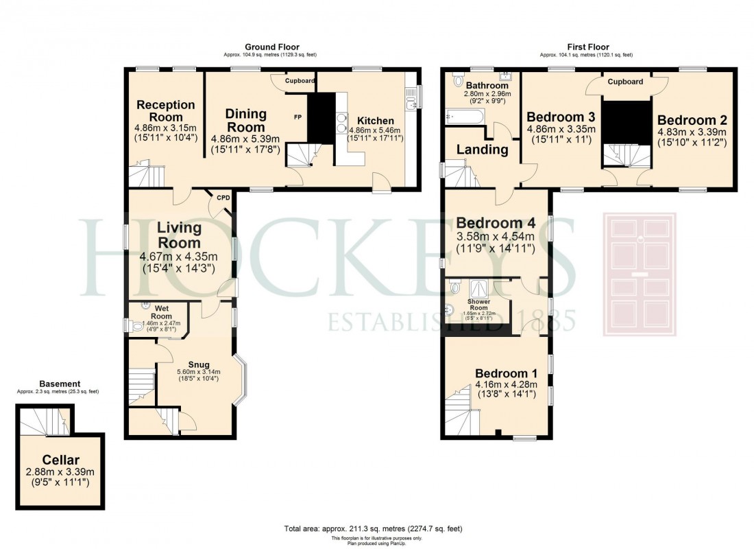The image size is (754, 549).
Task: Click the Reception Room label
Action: (165, 110)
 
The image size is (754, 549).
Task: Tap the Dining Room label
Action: (245, 120)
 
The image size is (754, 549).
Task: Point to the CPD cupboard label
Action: (223, 198)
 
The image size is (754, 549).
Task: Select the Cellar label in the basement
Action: (60, 459)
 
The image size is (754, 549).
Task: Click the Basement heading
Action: (58, 384)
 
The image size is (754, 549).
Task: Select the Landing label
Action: (483, 149)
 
